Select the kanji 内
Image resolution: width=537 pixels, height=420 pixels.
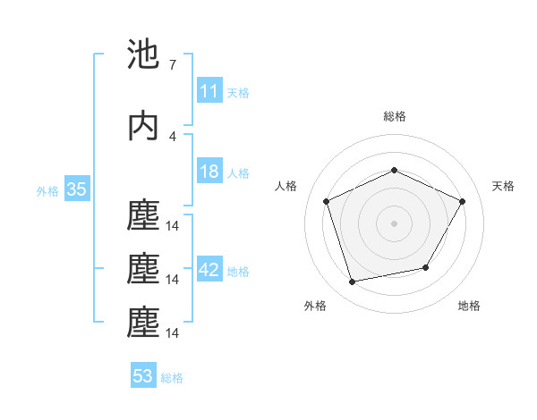143,126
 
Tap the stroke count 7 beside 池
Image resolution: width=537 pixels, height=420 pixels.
172,65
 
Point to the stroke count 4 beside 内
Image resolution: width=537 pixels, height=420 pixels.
172,137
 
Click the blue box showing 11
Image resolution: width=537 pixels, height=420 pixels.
209,91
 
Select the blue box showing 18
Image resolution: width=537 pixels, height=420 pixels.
209,172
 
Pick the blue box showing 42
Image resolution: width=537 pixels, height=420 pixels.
209,271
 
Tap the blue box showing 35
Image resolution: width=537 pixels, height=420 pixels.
76,189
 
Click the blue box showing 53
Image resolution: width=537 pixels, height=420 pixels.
142,376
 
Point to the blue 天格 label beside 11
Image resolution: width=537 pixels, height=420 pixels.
237,93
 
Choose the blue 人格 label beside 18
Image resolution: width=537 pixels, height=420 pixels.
237,173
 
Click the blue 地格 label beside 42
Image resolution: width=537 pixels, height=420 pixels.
237,272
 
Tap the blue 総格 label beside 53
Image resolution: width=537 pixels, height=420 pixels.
172,378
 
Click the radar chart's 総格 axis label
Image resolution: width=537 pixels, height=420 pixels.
394,116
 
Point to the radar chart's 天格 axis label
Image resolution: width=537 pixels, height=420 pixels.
503,186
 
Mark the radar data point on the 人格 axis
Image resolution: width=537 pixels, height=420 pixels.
327,201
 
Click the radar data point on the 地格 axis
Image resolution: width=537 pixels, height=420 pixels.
426,267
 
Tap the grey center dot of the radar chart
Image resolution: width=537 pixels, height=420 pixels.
394,223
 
